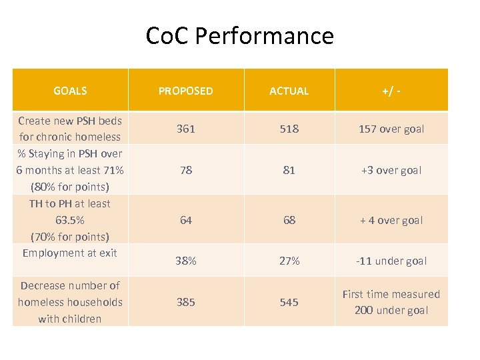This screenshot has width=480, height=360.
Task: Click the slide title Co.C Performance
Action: click(240, 35)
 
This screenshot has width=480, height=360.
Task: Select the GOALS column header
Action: click(70, 91)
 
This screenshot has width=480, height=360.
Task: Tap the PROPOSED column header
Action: click(186, 91)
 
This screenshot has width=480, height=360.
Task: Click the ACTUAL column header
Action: click(289, 91)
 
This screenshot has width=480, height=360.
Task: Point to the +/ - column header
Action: click(391, 91)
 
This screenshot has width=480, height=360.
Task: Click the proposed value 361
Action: click(186, 129)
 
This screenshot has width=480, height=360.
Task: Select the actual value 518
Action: click(289, 129)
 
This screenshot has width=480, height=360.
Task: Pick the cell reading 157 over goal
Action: click(391, 129)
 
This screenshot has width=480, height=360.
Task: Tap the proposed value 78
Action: click(186, 170)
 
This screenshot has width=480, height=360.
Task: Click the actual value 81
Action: click(289, 170)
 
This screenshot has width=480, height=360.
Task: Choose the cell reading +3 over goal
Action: click(391, 170)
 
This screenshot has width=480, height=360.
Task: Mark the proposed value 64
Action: click(186, 220)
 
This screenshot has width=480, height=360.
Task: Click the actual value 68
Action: click(289, 220)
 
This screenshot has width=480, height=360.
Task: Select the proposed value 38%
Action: click(186, 261)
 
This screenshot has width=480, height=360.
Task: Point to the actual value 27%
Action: click(289, 261)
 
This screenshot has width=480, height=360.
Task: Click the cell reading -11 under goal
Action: click(391, 261)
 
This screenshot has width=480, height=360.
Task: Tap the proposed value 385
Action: click(186, 302)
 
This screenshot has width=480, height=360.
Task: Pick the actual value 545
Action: click(289, 302)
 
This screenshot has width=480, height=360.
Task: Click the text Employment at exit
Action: click(70, 253)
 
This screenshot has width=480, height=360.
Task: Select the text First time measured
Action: click(391, 294)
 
